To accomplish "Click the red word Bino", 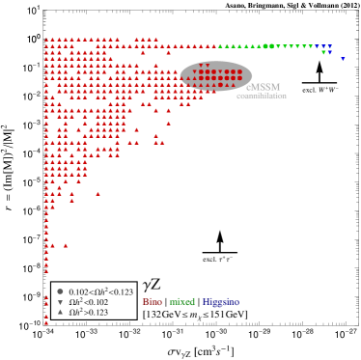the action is click(152, 302).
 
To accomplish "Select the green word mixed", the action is click(182, 302).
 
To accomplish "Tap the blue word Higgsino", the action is click(220, 302).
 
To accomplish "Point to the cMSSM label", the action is click(263, 87).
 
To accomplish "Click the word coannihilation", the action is click(261, 96).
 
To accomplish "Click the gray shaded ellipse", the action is click(216, 76).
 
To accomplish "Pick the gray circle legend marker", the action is click(60, 291).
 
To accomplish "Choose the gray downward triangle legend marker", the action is click(60, 302).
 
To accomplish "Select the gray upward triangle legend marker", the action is click(60, 312).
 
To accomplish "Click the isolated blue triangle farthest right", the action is click(342, 59).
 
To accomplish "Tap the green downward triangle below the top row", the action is click(323, 52).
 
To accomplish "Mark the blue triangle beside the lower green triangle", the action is click(329, 52).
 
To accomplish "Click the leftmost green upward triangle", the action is click(220, 46).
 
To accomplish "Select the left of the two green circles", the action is click(265, 46).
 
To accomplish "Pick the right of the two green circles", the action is click(271, 46).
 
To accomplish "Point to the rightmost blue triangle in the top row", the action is click(329, 46).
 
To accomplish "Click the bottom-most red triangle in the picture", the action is click(46, 322).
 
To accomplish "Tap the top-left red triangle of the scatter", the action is click(46, 40).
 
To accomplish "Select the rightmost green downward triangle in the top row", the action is click(311, 46).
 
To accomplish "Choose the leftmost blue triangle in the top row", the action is click(317, 46).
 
